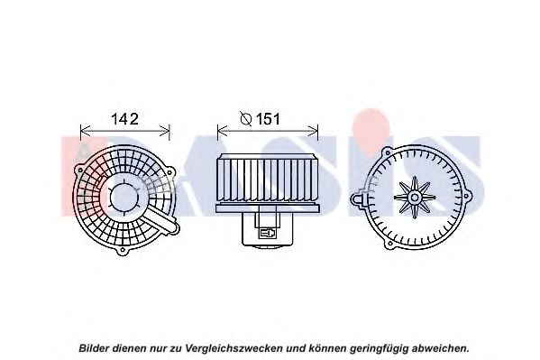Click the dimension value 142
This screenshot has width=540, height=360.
pos(124,119)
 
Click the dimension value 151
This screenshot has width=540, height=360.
pos(268,119)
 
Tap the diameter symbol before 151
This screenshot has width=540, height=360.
pos(246,119)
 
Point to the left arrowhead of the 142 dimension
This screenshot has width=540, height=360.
pos(85,131)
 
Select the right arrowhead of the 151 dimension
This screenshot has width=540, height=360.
pos(312,131)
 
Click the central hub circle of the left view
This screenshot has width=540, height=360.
pos(124,198)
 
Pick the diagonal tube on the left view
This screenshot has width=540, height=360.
pos(161,219)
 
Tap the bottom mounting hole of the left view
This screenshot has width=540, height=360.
pos(122,250)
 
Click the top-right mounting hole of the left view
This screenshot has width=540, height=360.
pos(169,172)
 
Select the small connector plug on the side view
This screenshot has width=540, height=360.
pos(268,233)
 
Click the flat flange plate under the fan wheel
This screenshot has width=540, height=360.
pos(268,208)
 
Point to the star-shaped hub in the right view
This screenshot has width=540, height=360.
pos(415,198)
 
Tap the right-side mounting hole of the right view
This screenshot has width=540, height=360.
pos(467,197)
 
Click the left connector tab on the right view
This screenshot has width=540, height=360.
pos(358,199)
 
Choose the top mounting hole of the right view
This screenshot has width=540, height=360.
pos(388,152)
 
